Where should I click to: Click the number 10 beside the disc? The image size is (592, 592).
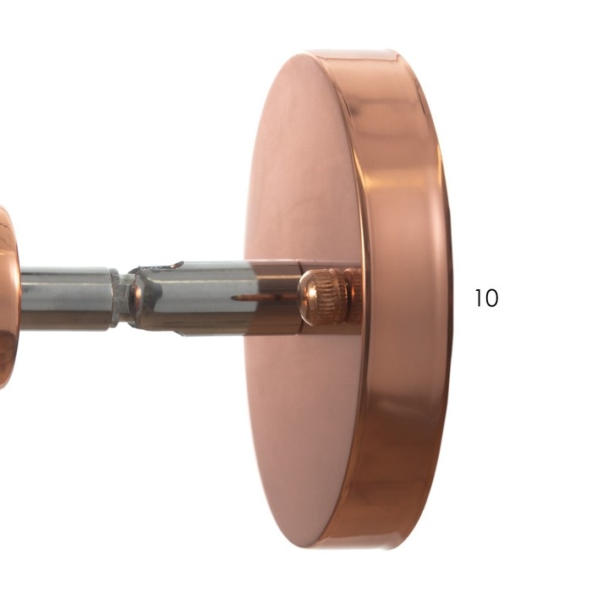point(486,298)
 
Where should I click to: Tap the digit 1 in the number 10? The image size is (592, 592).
point(477,298)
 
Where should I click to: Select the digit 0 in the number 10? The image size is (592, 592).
point(491,298)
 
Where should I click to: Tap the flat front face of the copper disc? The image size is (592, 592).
point(302,189)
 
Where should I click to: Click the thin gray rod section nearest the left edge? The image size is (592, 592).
point(65,298)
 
